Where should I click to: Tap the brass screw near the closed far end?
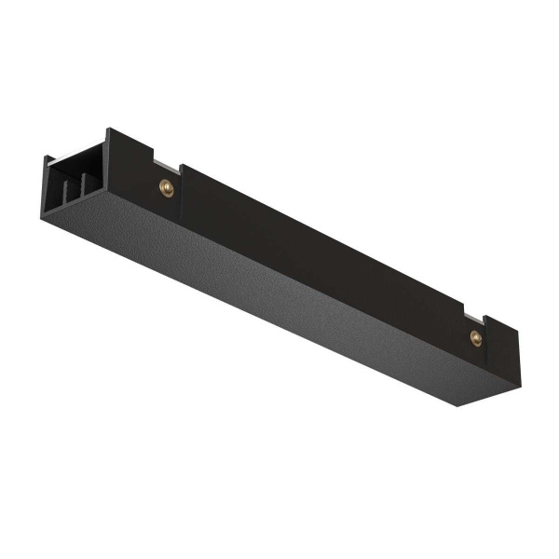(x=475, y=336)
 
